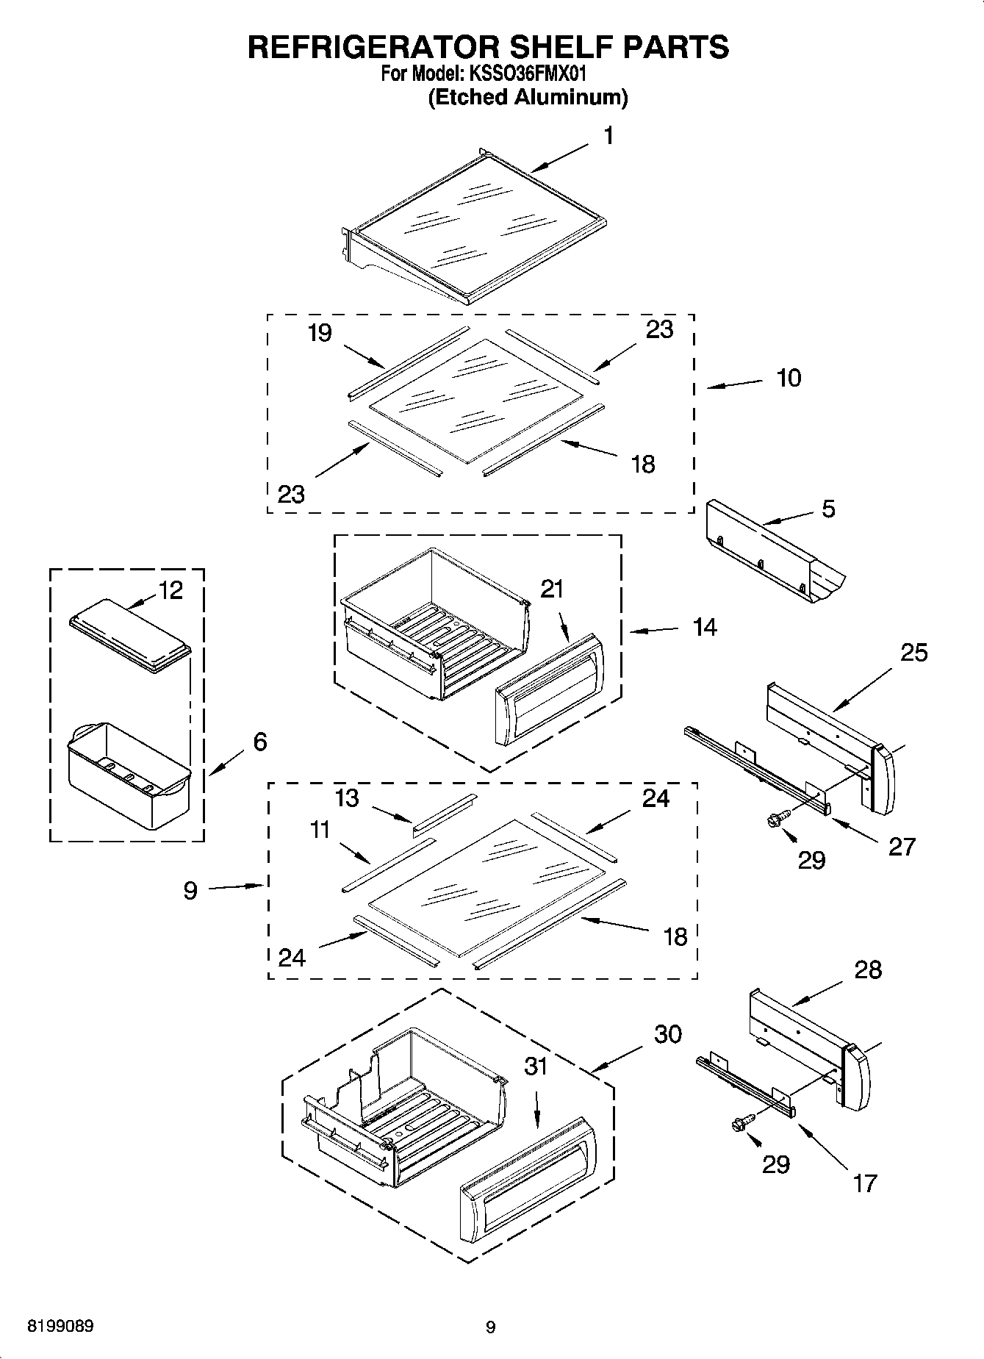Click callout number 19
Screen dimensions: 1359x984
tap(320, 333)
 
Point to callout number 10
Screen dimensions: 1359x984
tap(789, 378)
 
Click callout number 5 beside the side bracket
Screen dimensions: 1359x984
tap(828, 509)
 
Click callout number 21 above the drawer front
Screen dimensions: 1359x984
tap(552, 589)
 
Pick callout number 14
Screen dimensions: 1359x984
tap(705, 627)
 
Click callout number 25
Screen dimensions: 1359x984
tap(914, 652)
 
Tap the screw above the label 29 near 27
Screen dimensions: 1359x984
tap(778, 818)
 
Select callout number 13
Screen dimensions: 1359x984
tap(347, 797)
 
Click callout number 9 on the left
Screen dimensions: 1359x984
tap(190, 891)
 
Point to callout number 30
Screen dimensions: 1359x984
tap(668, 1033)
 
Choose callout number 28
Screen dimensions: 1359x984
tap(868, 969)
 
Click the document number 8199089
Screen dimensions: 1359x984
tap(60, 1327)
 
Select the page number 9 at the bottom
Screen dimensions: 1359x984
tap(491, 1327)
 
